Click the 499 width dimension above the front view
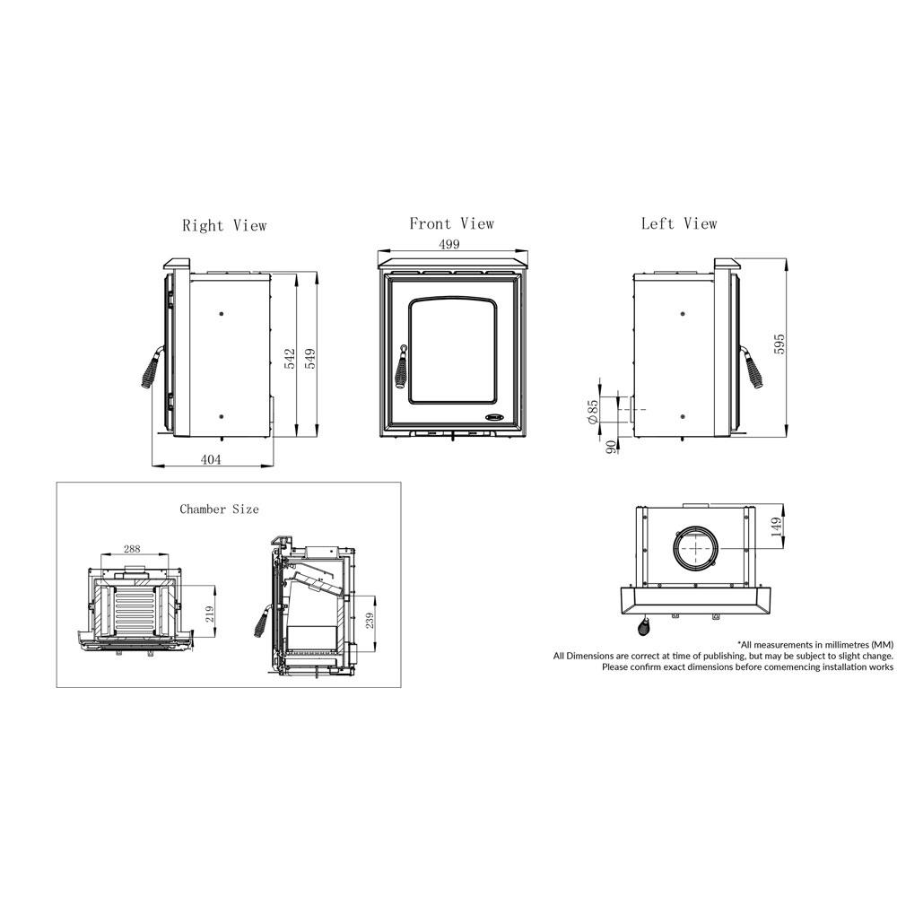[x=449, y=244]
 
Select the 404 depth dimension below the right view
[x=211, y=459]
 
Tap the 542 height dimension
[x=290, y=359]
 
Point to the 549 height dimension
[x=310, y=359]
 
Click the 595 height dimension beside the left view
[x=779, y=344]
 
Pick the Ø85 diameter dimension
[x=593, y=412]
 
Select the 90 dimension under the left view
[x=612, y=447]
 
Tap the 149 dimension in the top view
[x=776, y=526]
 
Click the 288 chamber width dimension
[x=132, y=549]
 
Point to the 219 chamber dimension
[x=209, y=614]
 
